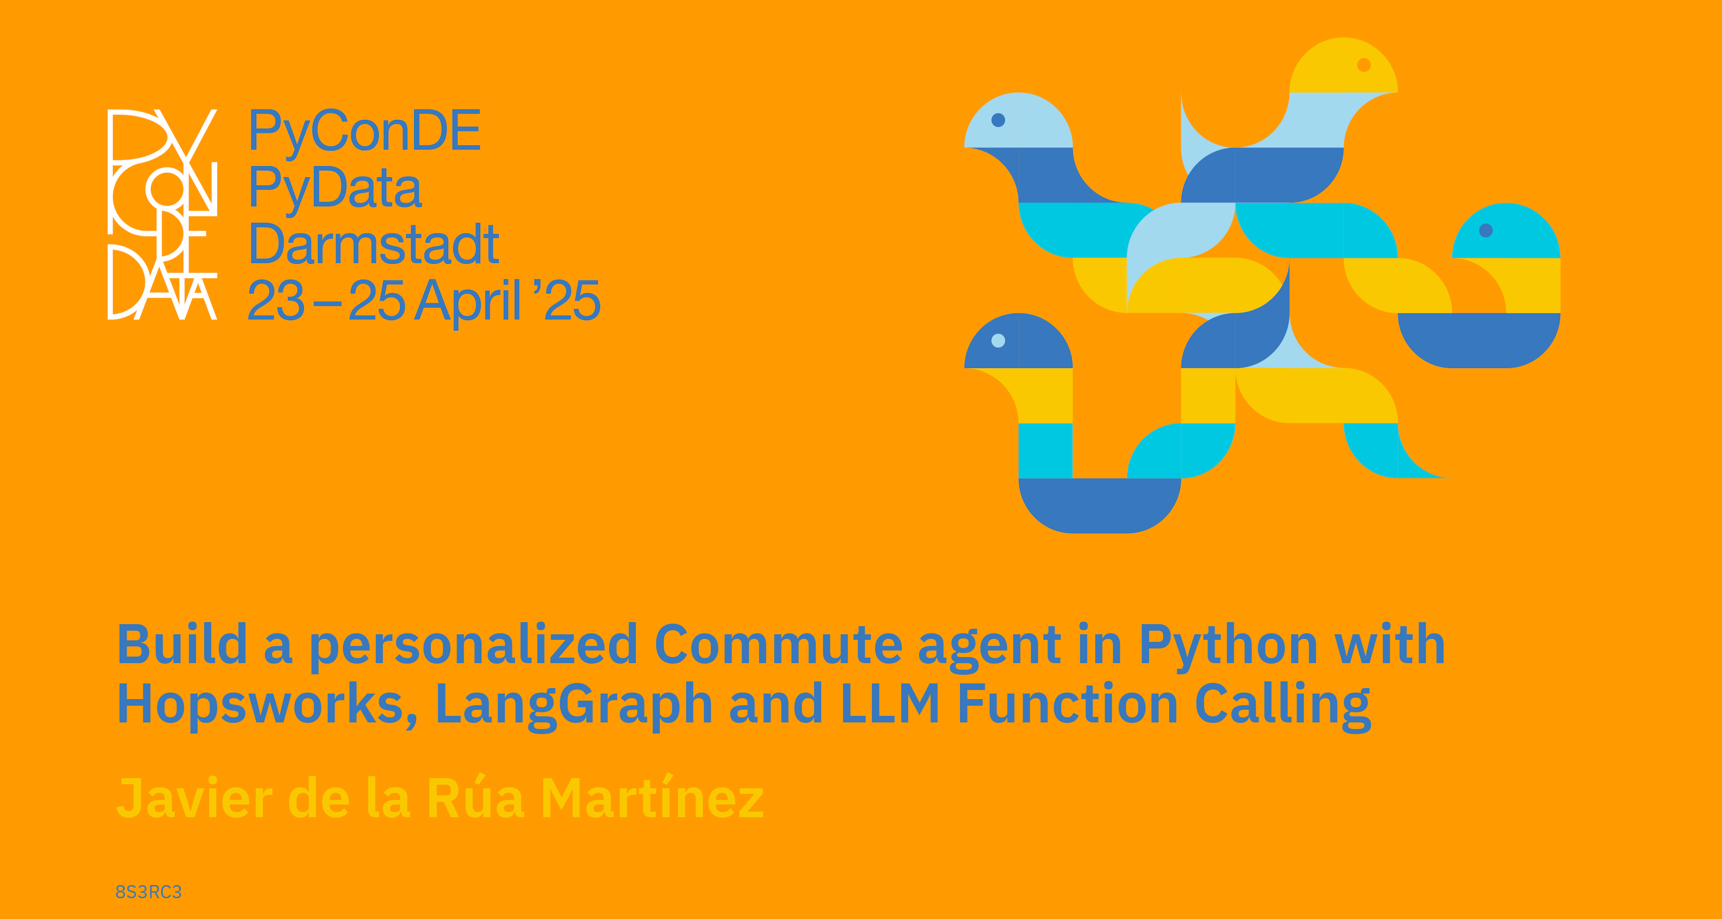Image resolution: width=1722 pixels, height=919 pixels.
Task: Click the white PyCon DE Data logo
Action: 163,214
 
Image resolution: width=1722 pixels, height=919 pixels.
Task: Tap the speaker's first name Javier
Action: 194,798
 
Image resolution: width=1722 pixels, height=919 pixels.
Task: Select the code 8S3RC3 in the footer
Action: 148,892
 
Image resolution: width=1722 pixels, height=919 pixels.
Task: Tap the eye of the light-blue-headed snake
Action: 998,120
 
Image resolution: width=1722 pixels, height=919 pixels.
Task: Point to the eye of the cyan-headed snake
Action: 1486,230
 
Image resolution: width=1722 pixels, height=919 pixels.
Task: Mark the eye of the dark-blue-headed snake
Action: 998,340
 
